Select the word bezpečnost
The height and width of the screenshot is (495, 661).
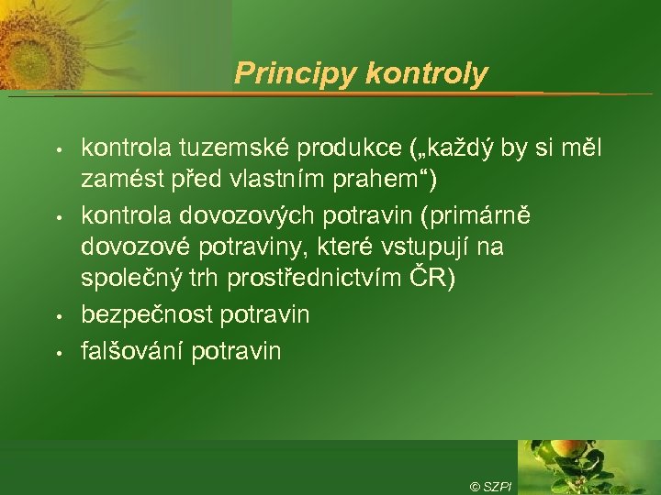pos(146,314)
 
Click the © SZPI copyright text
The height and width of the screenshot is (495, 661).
pos(491,486)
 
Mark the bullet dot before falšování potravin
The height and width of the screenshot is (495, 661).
pos(57,351)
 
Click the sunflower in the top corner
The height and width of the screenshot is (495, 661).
pos(37,37)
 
